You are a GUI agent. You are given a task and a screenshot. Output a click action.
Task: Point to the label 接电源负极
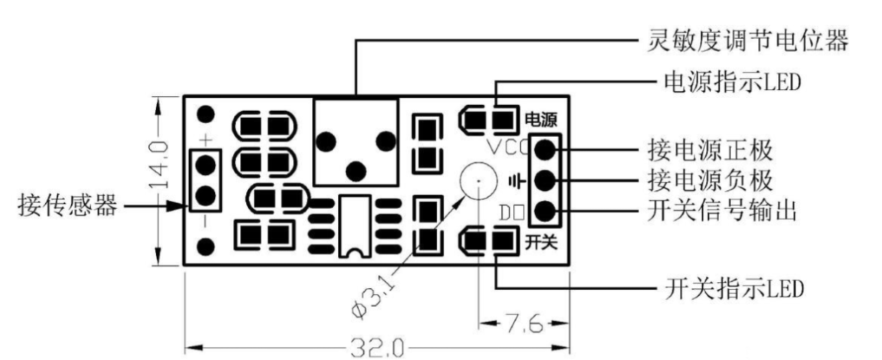click(710, 180)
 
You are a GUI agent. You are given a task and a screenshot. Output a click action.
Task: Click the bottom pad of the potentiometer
click(355, 167)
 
